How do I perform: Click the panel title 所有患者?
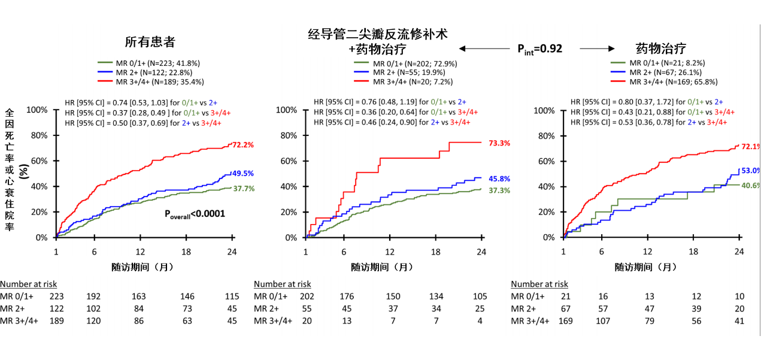150,43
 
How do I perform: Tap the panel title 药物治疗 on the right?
660,49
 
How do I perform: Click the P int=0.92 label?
539,49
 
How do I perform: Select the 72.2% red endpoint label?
244,145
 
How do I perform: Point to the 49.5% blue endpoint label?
243,174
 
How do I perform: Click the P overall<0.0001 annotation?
195,213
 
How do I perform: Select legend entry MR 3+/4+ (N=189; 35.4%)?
158,81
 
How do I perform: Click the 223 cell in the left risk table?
57,296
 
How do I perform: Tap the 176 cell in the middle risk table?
347,296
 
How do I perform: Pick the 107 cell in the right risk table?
603,320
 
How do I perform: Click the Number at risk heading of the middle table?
283,284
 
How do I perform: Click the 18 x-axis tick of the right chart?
693,252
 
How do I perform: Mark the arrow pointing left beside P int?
476,49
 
